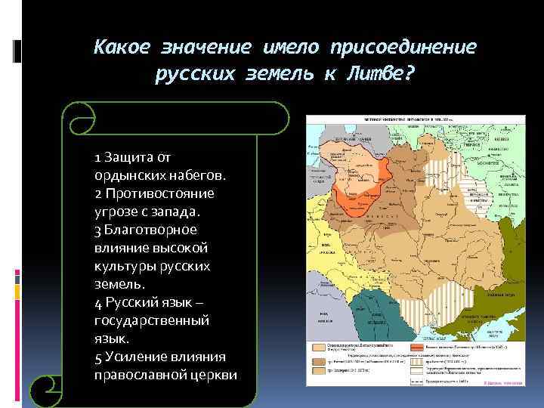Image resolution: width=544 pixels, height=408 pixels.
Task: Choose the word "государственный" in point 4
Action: [152, 320]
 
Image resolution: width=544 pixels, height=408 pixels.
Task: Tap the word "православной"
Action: [138, 375]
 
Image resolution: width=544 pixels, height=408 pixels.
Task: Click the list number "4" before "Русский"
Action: [99, 302]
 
